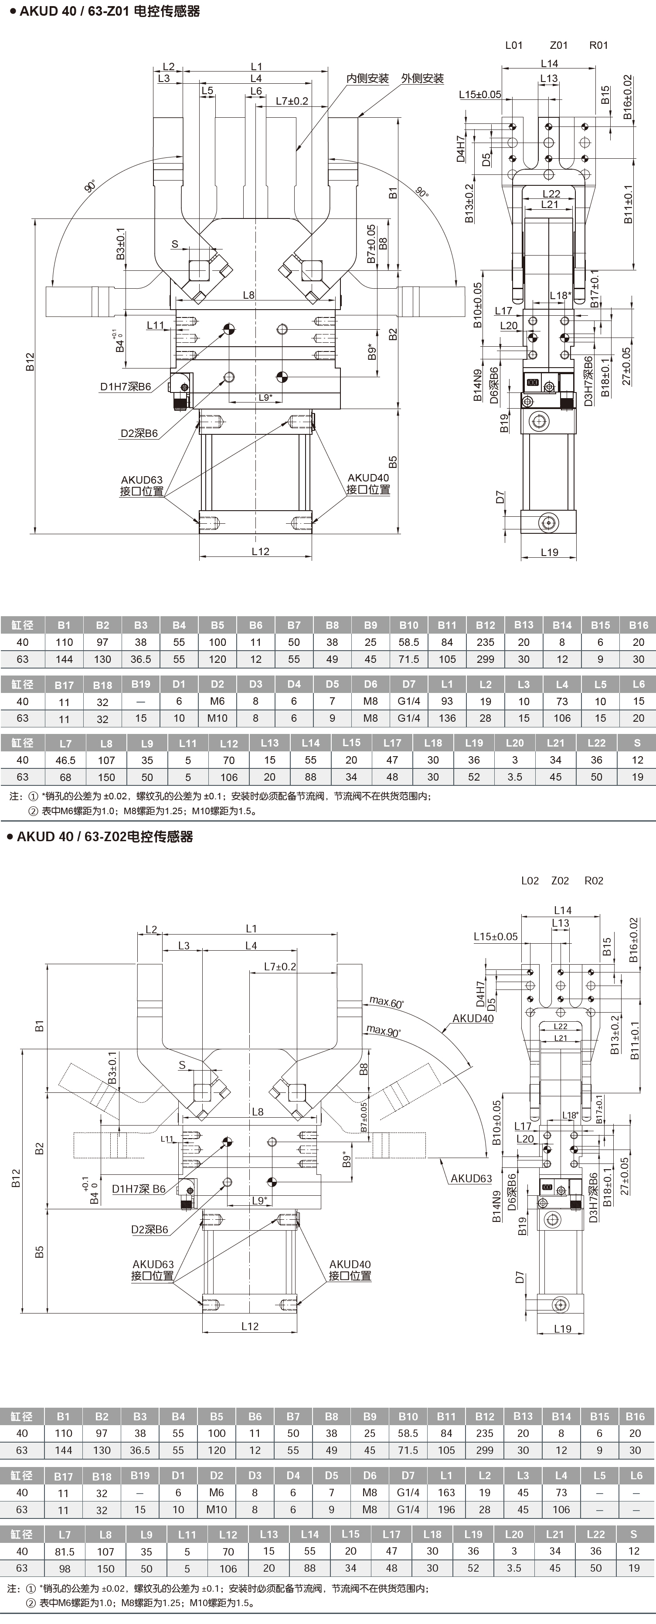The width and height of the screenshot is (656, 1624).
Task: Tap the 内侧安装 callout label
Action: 368,79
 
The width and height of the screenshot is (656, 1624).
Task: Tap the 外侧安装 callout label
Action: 422,79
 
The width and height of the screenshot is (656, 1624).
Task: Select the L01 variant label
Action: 514,45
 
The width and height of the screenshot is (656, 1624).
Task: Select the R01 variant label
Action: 598,45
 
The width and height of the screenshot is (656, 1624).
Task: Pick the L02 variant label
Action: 530,881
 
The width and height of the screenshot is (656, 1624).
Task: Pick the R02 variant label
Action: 594,881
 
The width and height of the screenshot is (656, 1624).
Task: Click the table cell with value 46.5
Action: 65,760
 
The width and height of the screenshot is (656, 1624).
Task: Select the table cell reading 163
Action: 446,1492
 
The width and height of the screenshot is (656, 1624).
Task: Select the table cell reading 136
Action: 447,718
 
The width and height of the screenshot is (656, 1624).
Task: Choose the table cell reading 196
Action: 446,1509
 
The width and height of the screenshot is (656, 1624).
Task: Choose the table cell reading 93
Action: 447,701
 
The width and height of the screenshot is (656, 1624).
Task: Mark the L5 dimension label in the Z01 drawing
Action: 207,91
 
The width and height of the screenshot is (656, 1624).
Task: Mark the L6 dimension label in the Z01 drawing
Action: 256,91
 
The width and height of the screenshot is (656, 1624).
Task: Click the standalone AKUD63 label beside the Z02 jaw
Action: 471,1178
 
